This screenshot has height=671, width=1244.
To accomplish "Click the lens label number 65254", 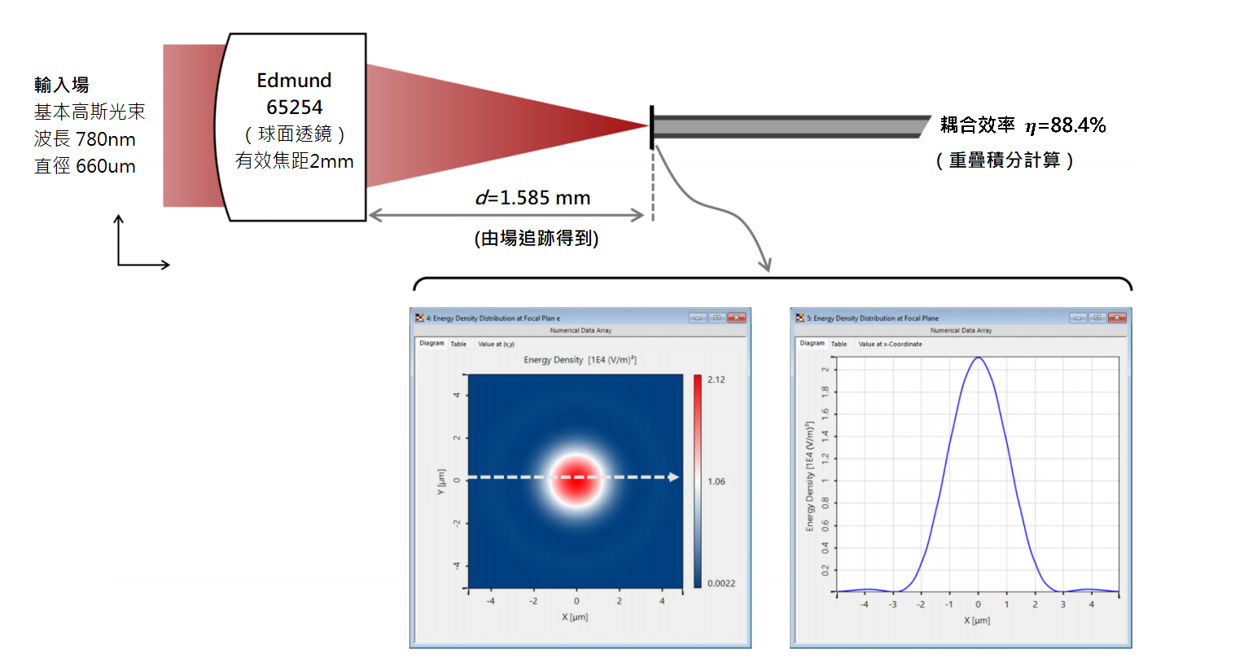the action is [x=295, y=107].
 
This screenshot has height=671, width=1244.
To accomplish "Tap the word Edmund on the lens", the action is [x=294, y=81].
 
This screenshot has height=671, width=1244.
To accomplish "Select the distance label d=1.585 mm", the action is [x=533, y=198].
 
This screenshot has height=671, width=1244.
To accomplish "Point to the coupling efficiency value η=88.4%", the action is [x=1065, y=125].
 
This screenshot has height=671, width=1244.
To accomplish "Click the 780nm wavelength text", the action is [x=106, y=139].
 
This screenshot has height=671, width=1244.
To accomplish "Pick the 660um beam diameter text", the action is [x=106, y=166].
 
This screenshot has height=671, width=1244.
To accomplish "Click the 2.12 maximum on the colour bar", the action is [x=716, y=379].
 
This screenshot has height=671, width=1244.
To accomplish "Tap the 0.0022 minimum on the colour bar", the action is [x=721, y=583].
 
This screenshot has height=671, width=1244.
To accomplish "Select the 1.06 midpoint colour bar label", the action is [x=716, y=481].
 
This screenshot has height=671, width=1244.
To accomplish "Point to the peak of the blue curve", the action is [x=978, y=357].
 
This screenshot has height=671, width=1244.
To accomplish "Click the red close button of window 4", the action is [x=737, y=318].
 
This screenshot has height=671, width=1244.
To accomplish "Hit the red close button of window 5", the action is [x=1117, y=318].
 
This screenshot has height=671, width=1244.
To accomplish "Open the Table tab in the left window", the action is [x=458, y=344].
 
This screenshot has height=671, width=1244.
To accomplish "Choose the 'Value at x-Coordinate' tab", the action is [x=890, y=344].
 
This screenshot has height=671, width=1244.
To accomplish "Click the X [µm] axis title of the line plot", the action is [x=977, y=621].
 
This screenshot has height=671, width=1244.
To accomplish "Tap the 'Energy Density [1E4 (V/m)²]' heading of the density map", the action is [x=580, y=360].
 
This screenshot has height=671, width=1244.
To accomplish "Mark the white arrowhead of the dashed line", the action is [x=673, y=476].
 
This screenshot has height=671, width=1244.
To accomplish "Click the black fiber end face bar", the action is [x=652, y=127].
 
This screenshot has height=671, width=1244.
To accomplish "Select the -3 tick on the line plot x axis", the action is [x=892, y=604].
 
